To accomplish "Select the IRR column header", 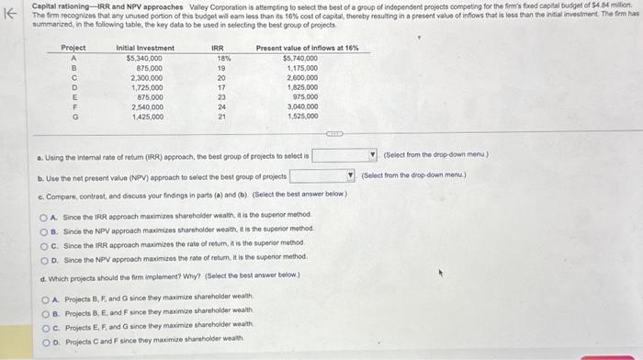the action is coord(218,47).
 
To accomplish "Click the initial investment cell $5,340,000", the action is coord(144,57).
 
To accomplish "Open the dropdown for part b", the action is coord(350,174).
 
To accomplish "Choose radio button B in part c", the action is coord(42,227).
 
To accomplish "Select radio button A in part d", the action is coord(42,298).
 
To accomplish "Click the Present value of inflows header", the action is coord(307,47).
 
